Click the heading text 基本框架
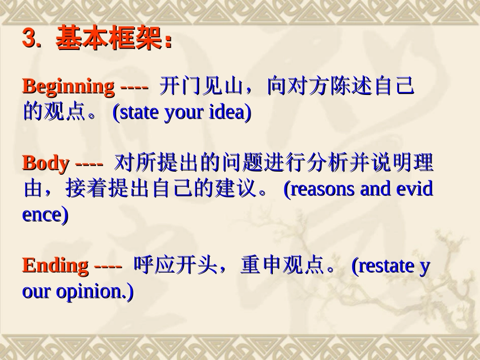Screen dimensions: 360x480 click(110, 39)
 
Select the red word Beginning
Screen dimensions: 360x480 click(68, 87)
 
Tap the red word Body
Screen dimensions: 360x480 click(45, 164)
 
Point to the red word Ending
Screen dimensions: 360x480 click(55, 266)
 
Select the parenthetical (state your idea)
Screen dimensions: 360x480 click(182, 113)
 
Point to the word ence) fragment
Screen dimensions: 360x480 click(45, 215)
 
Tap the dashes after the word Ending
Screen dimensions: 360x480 click(108, 266)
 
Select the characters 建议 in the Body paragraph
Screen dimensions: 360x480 click(238, 189)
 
